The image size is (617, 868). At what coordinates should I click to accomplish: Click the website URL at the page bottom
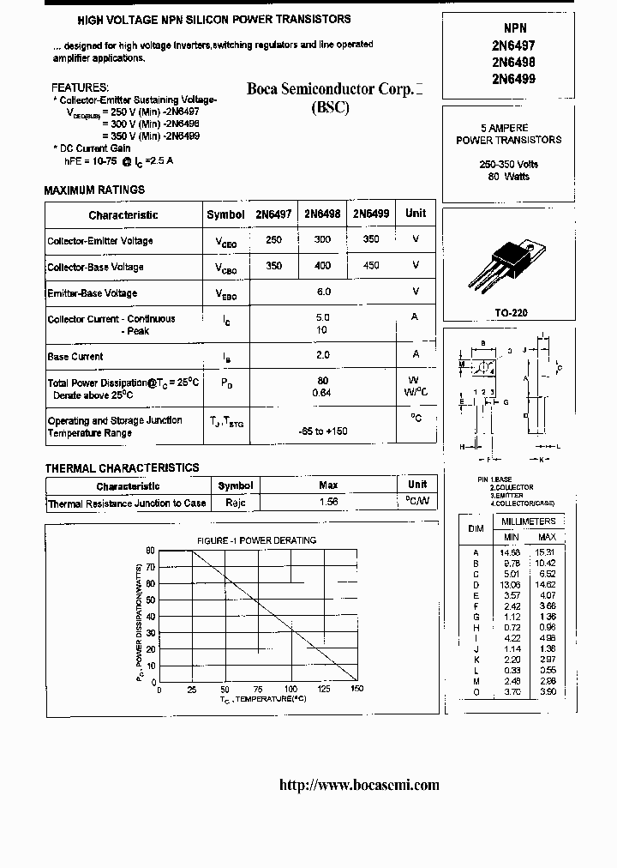point(360,785)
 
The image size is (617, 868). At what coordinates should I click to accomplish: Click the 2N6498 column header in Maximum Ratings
point(323,214)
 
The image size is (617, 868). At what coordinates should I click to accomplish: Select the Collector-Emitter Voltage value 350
point(371,240)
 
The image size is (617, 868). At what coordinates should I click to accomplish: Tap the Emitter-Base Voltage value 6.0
point(323,292)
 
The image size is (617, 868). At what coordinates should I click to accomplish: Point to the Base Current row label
point(75,356)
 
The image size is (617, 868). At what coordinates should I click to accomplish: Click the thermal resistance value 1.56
point(328,503)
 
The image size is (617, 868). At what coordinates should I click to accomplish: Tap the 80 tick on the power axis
point(150,551)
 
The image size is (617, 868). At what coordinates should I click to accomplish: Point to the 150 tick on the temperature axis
point(356,690)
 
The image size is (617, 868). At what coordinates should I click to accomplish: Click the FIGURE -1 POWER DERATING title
point(257,540)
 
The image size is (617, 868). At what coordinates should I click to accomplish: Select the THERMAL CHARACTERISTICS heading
point(122,467)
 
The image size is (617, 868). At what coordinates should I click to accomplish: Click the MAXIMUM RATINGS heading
point(94,190)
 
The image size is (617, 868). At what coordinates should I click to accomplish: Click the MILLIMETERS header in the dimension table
point(528,521)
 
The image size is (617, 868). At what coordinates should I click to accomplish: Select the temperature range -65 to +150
point(323,431)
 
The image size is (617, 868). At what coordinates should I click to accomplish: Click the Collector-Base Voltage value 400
point(323,266)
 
